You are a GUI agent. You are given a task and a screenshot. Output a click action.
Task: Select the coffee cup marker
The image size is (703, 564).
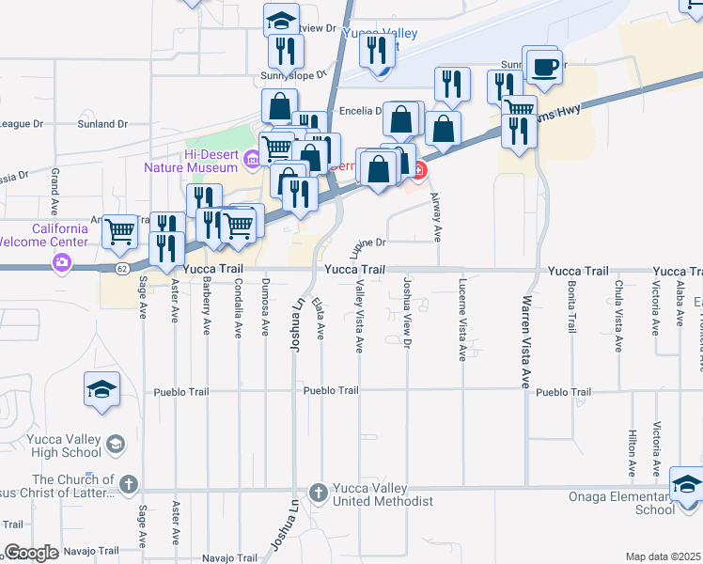(543, 68)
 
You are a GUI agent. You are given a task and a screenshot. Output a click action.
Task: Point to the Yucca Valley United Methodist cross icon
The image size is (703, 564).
(318, 492)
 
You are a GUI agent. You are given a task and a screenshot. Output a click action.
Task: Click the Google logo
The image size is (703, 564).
(31, 553)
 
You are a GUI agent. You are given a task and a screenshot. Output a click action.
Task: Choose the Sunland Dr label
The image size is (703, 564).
(103, 124)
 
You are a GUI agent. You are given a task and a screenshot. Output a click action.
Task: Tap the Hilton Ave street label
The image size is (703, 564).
(632, 456)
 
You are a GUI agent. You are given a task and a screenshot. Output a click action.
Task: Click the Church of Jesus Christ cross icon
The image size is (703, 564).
(128, 486)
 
